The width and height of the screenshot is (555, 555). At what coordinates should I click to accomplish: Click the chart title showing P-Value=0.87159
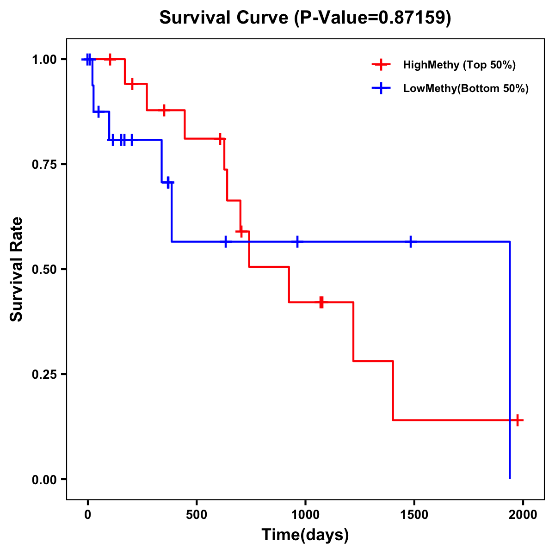click(x=305, y=18)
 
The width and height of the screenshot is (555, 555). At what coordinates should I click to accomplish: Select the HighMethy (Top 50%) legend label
click(x=459, y=65)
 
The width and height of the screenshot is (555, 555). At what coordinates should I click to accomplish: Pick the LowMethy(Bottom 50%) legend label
click(x=466, y=88)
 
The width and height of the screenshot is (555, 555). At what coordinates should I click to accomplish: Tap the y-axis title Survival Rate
click(x=17, y=269)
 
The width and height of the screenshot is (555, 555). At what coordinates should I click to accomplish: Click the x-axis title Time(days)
click(x=305, y=535)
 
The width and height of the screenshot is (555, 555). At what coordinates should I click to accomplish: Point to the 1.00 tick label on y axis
click(x=44, y=60)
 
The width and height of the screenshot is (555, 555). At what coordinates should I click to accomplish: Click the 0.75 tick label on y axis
click(x=44, y=165)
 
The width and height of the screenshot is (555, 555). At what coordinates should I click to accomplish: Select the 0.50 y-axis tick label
click(x=44, y=270)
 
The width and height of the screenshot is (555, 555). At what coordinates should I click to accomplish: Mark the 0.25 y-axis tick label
click(x=44, y=375)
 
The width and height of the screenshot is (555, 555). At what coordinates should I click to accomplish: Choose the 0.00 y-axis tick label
click(x=44, y=480)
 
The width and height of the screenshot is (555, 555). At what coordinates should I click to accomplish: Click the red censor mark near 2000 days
click(x=518, y=420)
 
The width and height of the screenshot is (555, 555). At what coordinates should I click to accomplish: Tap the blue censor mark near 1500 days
click(x=410, y=241)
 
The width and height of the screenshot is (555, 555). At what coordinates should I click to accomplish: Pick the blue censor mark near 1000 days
click(x=297, y=241)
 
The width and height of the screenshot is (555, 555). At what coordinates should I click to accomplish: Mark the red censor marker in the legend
click(x=381, y=65)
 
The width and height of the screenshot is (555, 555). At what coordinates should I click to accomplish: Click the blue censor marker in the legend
click(x=381, y=88)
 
